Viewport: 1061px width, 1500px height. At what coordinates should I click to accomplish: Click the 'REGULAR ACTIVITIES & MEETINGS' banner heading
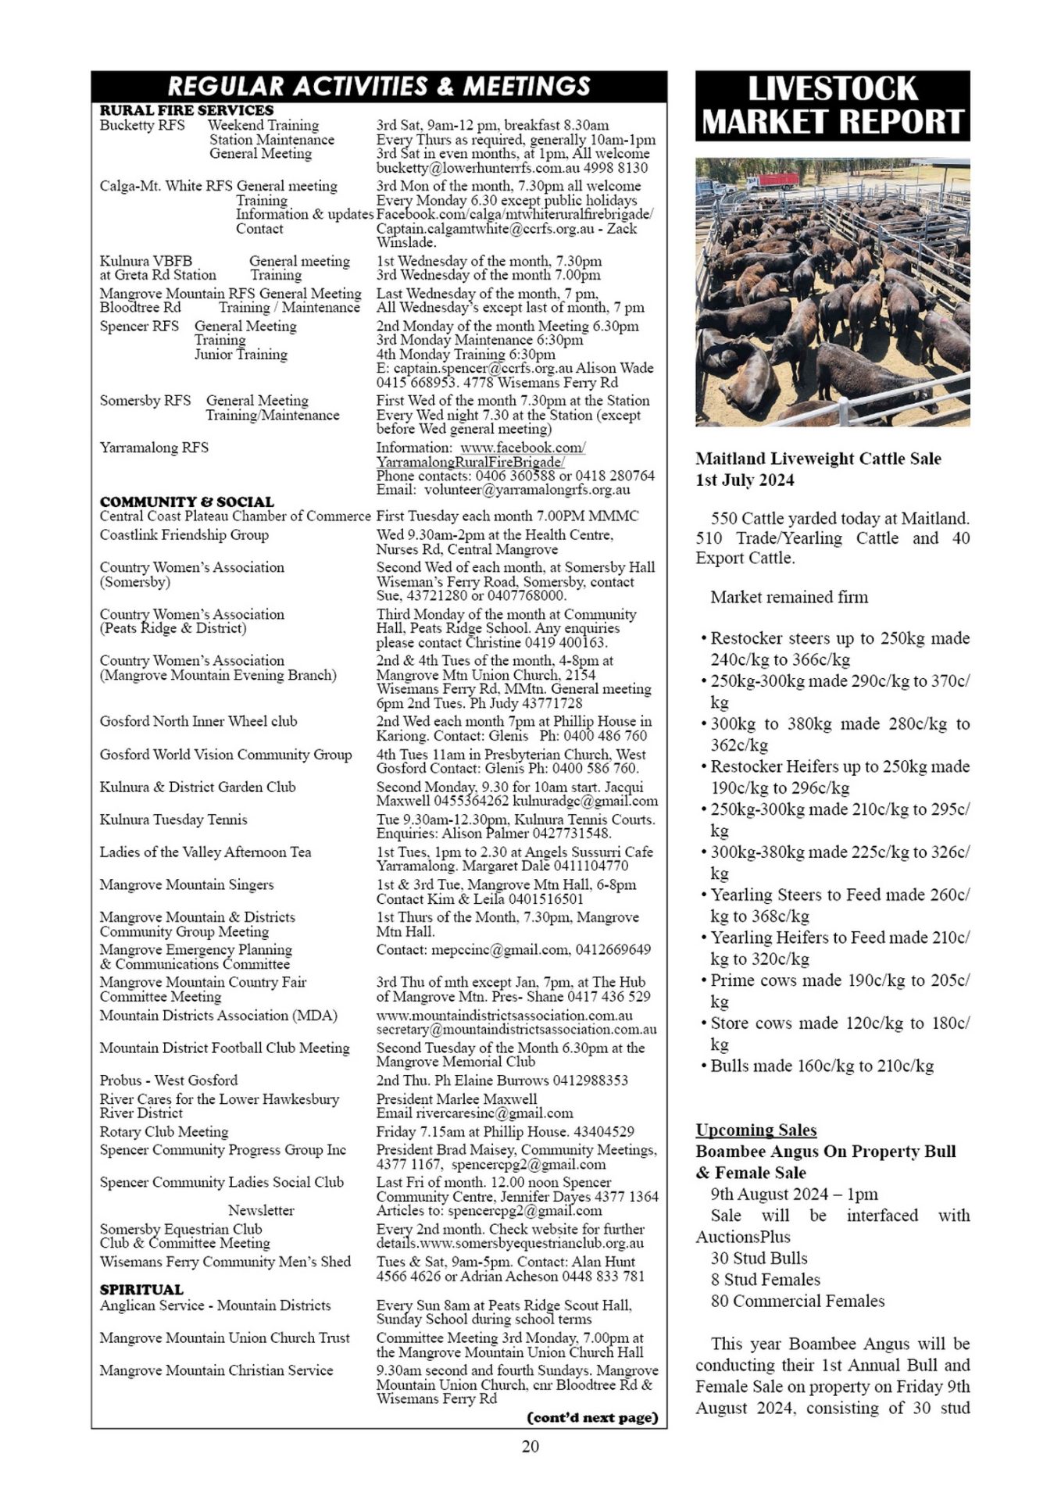(379, 86)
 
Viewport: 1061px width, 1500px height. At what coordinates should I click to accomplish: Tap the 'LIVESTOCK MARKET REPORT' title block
(832, 106)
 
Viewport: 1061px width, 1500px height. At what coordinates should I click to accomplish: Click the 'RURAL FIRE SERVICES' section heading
(186, 110)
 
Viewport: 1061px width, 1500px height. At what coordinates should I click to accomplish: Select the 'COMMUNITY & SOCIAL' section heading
(187, 502)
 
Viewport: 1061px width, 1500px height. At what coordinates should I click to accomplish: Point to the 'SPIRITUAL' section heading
(141, 1289)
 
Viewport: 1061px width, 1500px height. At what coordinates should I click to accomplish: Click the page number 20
(530, 1446)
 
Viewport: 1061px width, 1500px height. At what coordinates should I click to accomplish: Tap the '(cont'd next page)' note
(593, 1417)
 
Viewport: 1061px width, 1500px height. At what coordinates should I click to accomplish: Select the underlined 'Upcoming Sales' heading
(756, 1130)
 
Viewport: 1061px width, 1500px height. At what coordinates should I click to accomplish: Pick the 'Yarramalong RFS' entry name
(154, 448)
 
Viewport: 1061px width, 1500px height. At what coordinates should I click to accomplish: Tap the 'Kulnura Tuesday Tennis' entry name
(173, 820)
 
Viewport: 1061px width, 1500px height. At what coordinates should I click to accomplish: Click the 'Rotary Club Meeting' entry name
(163, 1131)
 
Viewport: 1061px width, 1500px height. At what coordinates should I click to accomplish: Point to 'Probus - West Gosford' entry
(168, 1080)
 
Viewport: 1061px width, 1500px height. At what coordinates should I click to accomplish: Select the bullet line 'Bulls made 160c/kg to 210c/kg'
(821, 1066)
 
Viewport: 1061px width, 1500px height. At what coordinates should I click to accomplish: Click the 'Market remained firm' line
(789, 598)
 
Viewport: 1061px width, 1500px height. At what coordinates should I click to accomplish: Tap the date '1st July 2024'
(745, 480)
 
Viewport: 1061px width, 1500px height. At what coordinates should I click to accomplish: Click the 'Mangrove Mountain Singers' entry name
(186, 884)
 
